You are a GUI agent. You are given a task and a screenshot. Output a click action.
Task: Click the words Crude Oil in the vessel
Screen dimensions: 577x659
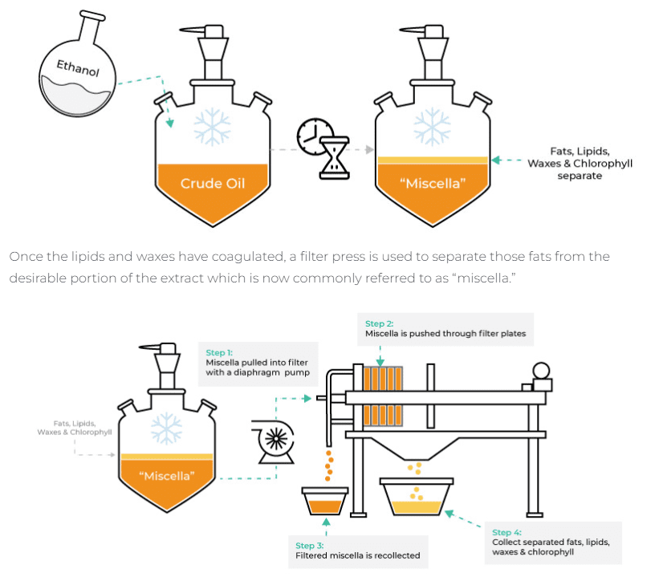pos(212,183)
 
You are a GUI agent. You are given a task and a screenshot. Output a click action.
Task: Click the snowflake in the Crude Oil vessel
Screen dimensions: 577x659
pos(212,127)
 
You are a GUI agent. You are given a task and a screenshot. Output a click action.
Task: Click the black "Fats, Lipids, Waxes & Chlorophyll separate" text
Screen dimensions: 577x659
pos(580,163)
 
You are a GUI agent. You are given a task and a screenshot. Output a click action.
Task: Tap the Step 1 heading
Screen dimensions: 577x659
pos(219,352)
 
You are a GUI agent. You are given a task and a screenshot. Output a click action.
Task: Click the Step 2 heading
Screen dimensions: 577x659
pos(380,323)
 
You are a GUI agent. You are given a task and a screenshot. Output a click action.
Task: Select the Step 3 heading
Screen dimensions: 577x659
pos(310,545)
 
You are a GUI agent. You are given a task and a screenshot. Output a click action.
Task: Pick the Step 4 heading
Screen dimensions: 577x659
pos(506,532)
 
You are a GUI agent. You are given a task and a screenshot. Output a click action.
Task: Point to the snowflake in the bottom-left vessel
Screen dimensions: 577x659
pos(166,427)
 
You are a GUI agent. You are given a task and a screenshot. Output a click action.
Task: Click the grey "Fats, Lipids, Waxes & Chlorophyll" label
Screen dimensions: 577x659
pos(74,427)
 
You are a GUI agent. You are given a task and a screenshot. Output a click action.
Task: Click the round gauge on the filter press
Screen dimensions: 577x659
pos(542,370)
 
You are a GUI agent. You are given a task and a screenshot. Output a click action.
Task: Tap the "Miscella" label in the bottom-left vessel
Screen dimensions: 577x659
pos(166,475)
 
